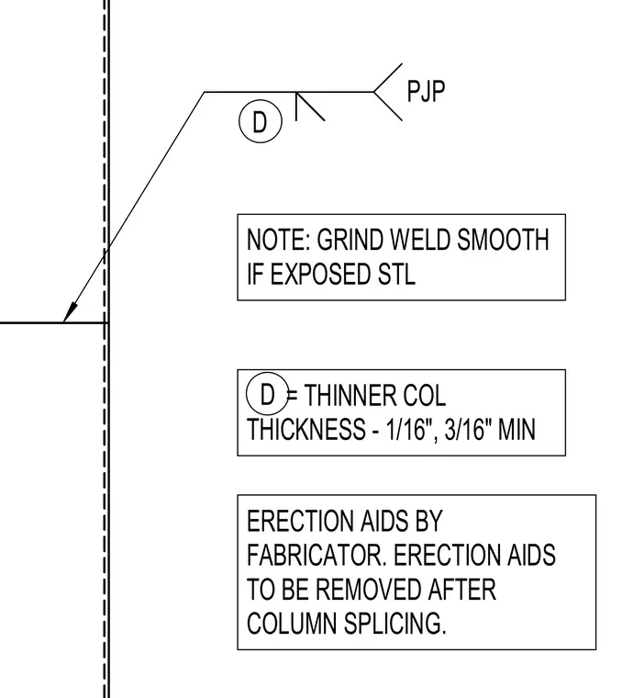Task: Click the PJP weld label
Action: point(426,92)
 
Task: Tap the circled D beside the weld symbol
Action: point(261,121)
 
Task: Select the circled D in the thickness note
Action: point(268,394)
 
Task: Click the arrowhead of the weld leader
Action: point(71,311)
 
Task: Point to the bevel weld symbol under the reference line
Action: point(310,107)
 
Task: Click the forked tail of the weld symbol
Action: point(388,92)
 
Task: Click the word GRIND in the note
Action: point(350,240)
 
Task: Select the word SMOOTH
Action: point(503,240)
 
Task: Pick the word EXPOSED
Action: point(320,274)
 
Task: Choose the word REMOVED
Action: point(369,589)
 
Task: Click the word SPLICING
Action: point(394,624)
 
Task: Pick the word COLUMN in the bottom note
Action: point(292,624)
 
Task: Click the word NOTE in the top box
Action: point(278,240)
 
